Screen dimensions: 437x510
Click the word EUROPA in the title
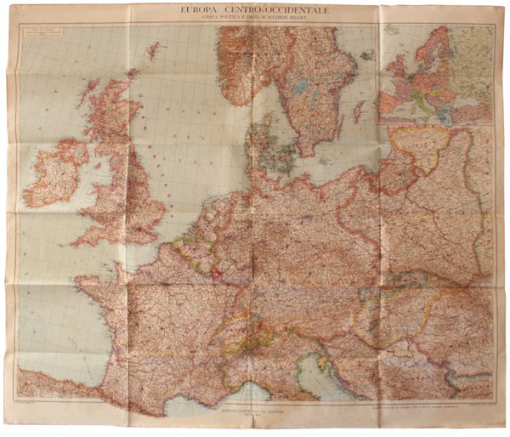tap(199, 9)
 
